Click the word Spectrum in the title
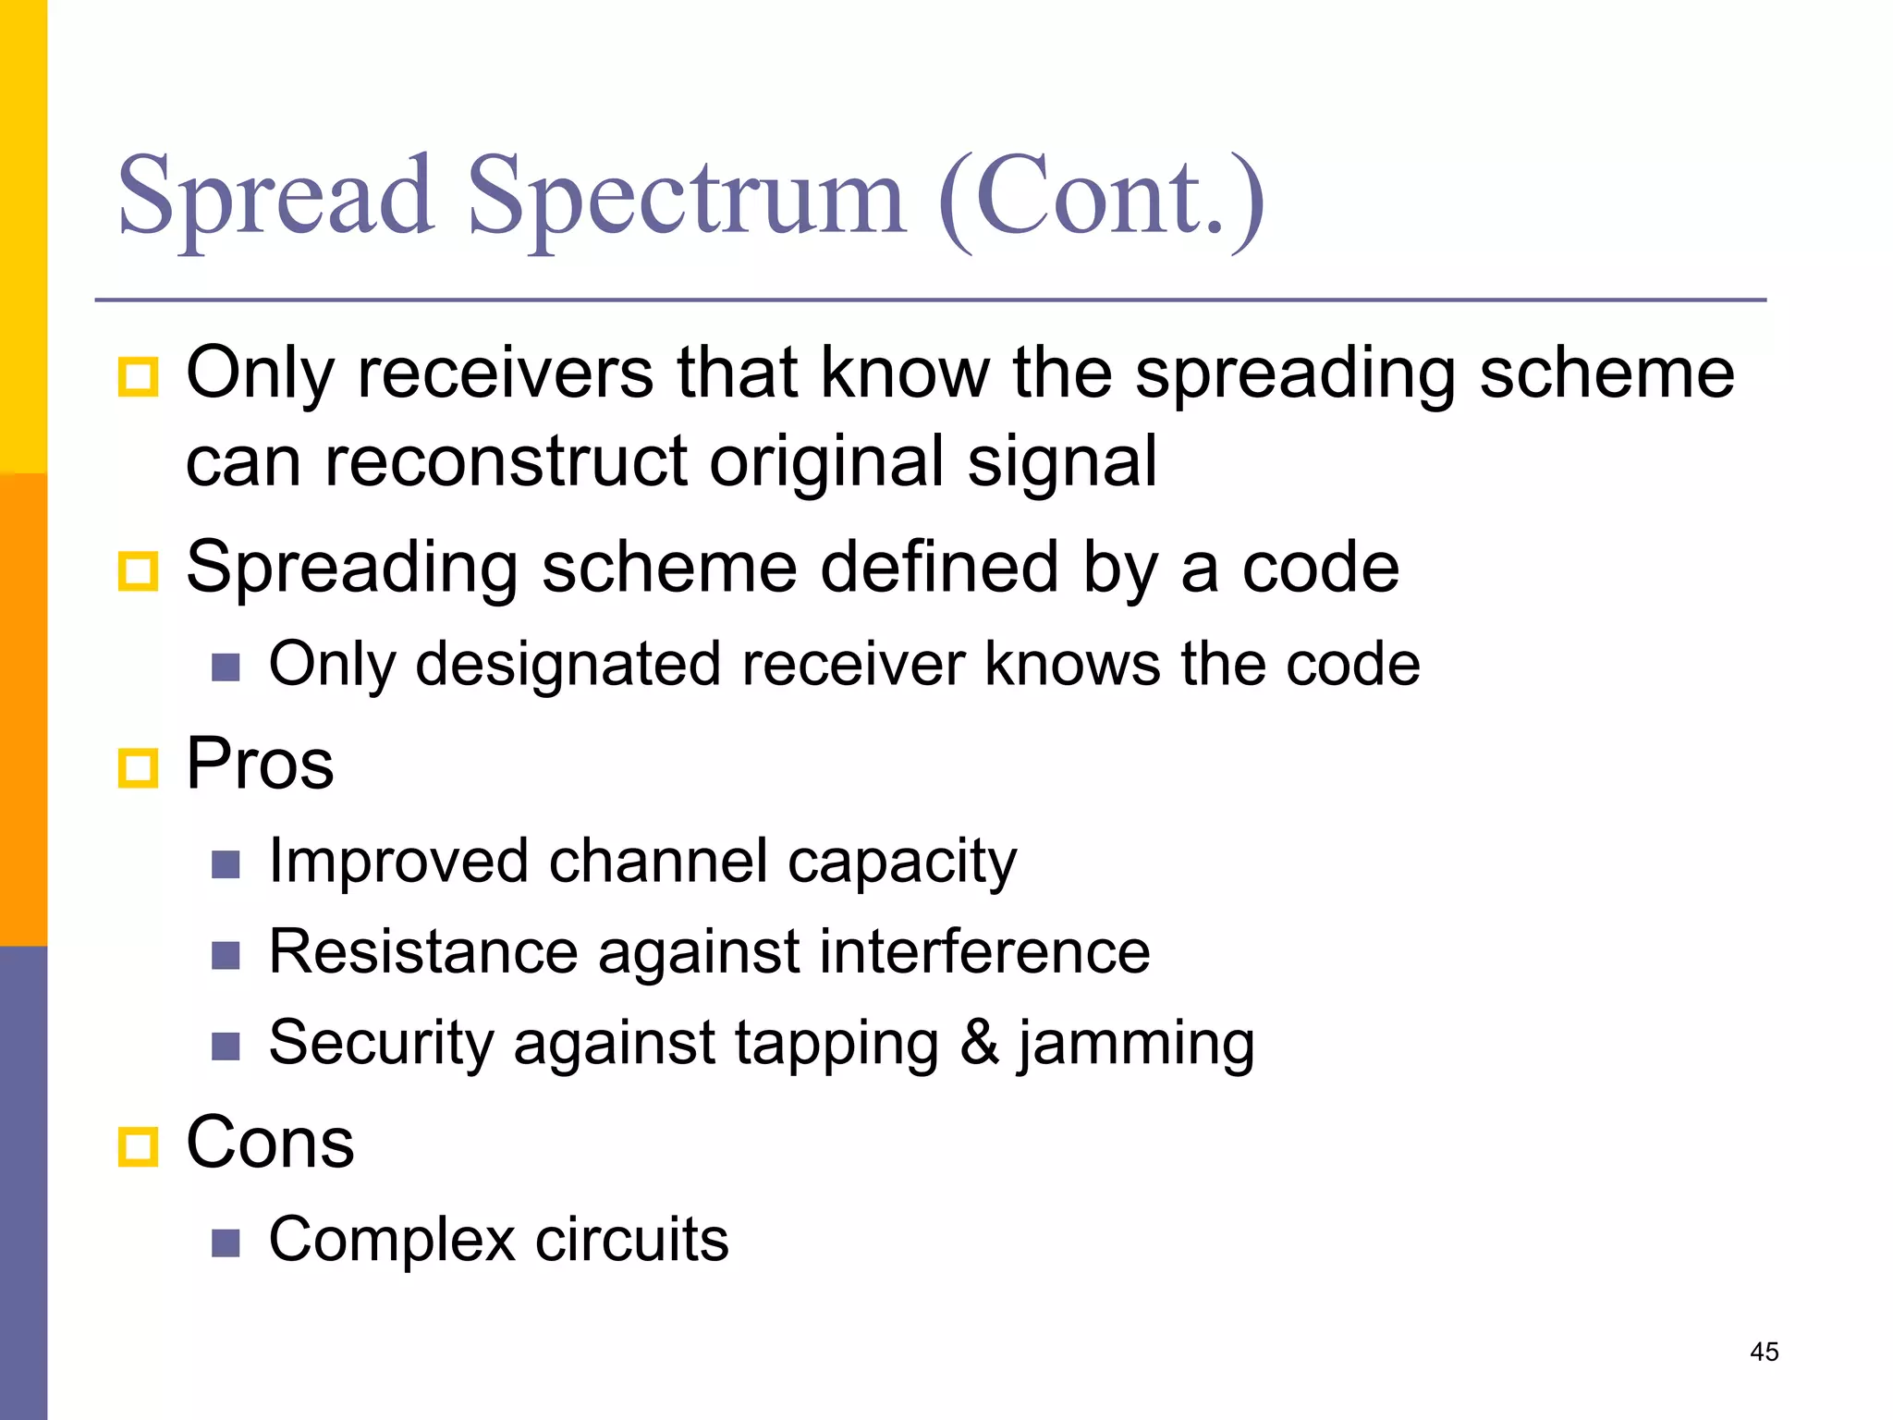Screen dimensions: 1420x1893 pos(686,199)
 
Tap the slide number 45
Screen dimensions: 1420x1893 pos(1764,1352)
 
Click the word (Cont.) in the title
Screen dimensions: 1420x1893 pos(1100,199)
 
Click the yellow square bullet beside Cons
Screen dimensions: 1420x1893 pos(139,1147)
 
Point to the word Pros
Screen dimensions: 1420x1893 pos(260,764)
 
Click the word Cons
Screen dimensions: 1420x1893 pos(270,1143)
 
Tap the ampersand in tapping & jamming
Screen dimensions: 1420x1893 pos(979,1043)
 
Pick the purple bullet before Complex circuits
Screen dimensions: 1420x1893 pos(226,1242)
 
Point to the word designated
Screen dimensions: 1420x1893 pos(568,666)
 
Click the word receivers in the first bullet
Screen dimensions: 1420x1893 pos(506,373)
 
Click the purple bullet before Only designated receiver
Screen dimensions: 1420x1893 pos(226,667)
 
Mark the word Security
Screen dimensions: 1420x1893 pos(382,1044)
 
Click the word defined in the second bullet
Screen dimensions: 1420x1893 pos(939,567)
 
